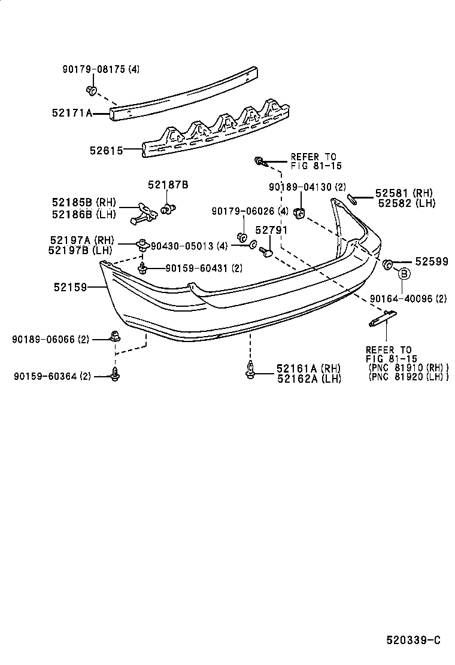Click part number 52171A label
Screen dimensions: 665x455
point(71,111)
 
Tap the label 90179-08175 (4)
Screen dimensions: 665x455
point(101,69)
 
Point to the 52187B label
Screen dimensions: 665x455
point(168,185)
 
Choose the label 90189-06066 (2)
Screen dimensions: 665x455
point(50,339)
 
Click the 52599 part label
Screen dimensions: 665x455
point(432,262)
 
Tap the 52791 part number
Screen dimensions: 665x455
point(271,230)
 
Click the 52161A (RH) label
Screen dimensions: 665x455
point(308,368)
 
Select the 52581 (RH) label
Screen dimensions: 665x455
point(404,193)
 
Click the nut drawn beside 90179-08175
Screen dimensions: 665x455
point(91,91)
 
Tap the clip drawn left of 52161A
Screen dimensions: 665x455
point(250,371)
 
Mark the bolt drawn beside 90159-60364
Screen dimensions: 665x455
point(114,375)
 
